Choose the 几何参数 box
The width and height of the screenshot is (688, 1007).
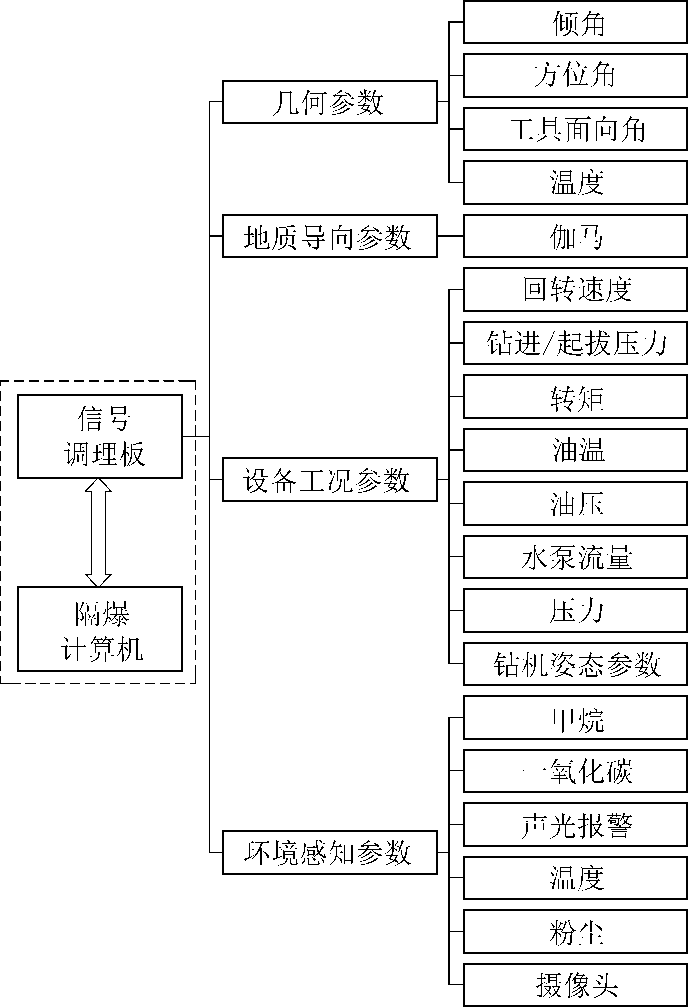pyautogui.click(x=330, y=102)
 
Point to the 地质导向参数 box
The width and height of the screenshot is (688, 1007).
pyautogui.click(x=330, y=236)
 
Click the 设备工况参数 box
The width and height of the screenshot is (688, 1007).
pyautogui.click(x=330, y=480)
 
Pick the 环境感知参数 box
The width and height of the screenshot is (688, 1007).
pyautogui.click(x=330, y=852)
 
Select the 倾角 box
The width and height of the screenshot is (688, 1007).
pyautogui.click(x=575, y=22)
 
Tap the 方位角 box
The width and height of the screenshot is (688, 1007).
pyautogui.click(x=575, y=76)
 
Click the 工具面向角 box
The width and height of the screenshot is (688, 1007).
pyautogui.click(x=575, y=129)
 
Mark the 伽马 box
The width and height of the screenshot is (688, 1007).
pyautogui.click(x=575, y=236)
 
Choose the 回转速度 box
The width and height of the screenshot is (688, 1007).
pyautogui.click(x=575, y=289)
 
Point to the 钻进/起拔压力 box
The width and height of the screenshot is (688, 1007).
pyautogui.click(x=575, y=343)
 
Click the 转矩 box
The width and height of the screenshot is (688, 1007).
pyautogui.click(x=575, y=397)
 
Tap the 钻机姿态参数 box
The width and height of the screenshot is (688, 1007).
pyautogui.click(x=575, y=664)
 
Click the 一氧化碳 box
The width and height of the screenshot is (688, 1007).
pyautogui.click(x=575, y=771)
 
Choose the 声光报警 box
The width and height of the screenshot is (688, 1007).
pyautogui.click(x=575, y=824)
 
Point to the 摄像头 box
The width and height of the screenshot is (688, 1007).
pyautogui.click(x=575, y=985)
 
